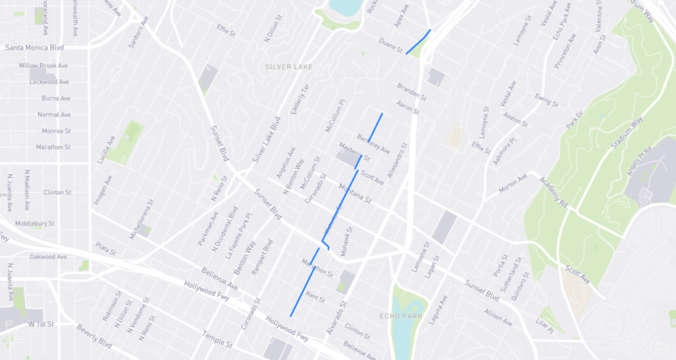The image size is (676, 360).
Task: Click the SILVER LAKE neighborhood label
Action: click(x=288, y=67)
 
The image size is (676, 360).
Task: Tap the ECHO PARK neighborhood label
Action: click(x=401, y=316)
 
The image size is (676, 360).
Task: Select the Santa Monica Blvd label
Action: click(x=34, y=48)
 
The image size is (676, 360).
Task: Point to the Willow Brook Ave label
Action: click(x=44, y=66)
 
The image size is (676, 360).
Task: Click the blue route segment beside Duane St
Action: click(x=418, y=42)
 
